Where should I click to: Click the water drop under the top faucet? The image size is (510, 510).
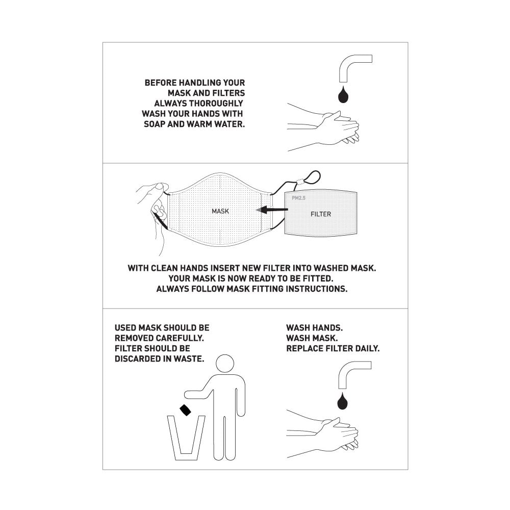click(343, 95)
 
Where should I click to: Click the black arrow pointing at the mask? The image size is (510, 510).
click(272, 210)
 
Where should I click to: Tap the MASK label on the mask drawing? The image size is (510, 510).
click(220, 211)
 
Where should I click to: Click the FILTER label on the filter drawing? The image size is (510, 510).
click(321, 214)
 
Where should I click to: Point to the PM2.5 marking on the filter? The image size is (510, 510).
click(298, 198)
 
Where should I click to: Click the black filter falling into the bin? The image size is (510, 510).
click(186, 410)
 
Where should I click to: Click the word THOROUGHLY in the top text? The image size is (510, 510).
click(216, 104)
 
